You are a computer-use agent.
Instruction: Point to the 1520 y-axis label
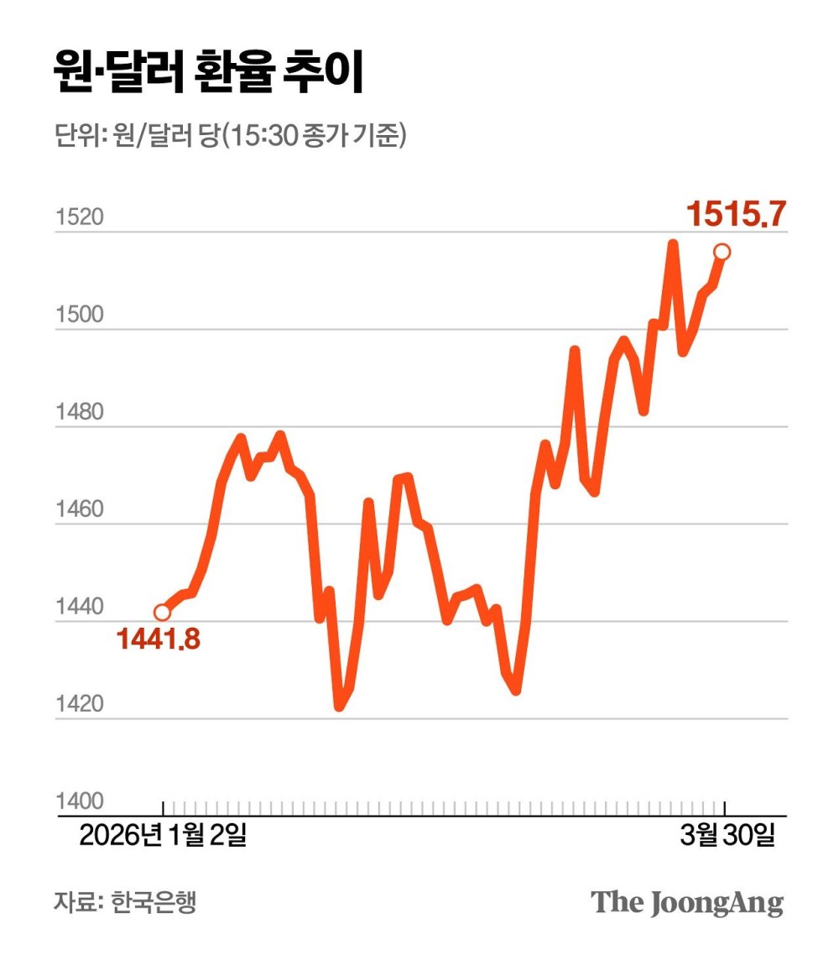80,218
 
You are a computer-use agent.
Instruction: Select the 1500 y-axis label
80,316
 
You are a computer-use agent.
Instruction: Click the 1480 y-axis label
80,413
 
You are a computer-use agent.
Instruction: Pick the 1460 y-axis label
80,510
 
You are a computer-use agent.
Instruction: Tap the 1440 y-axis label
80,608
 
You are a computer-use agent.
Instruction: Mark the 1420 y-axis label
80,705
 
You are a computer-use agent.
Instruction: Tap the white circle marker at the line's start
162,613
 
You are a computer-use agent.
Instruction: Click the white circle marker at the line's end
722,252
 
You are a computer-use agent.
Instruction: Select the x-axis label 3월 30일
726,836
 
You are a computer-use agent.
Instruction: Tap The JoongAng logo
687,903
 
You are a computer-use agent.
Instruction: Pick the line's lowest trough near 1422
339,707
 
